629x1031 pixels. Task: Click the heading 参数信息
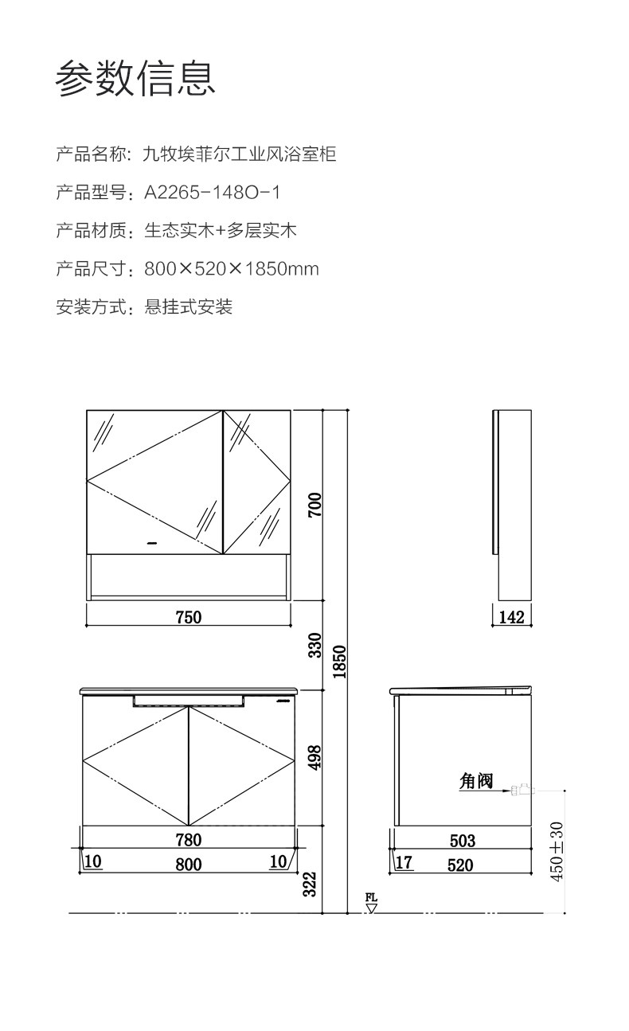click(135, 79)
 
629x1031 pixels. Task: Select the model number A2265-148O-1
click(213, 193)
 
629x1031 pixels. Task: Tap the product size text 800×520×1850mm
click(232, 269)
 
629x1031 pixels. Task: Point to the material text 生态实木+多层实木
click(221, 231)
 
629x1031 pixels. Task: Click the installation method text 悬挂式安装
click(189, 307)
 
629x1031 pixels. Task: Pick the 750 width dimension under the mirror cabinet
click(189, 617)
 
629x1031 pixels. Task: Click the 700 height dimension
click(315, 504)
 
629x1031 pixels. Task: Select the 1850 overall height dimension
click(339, 662)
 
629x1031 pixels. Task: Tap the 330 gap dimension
click(315, 645)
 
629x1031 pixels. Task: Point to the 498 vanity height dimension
click(315, 757)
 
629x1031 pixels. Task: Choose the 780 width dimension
click(189, 840)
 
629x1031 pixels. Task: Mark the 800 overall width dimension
click(189, 865)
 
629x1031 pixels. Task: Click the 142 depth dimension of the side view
click(511, 617)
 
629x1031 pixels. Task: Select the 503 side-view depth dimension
click(462, 841)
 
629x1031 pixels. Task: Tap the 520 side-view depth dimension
click(460, 865)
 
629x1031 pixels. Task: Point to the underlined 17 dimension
click(404, 862)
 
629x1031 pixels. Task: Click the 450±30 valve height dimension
click(557, 851)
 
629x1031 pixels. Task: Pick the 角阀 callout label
click(476, 781)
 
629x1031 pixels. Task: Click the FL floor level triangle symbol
click(371, 908)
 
